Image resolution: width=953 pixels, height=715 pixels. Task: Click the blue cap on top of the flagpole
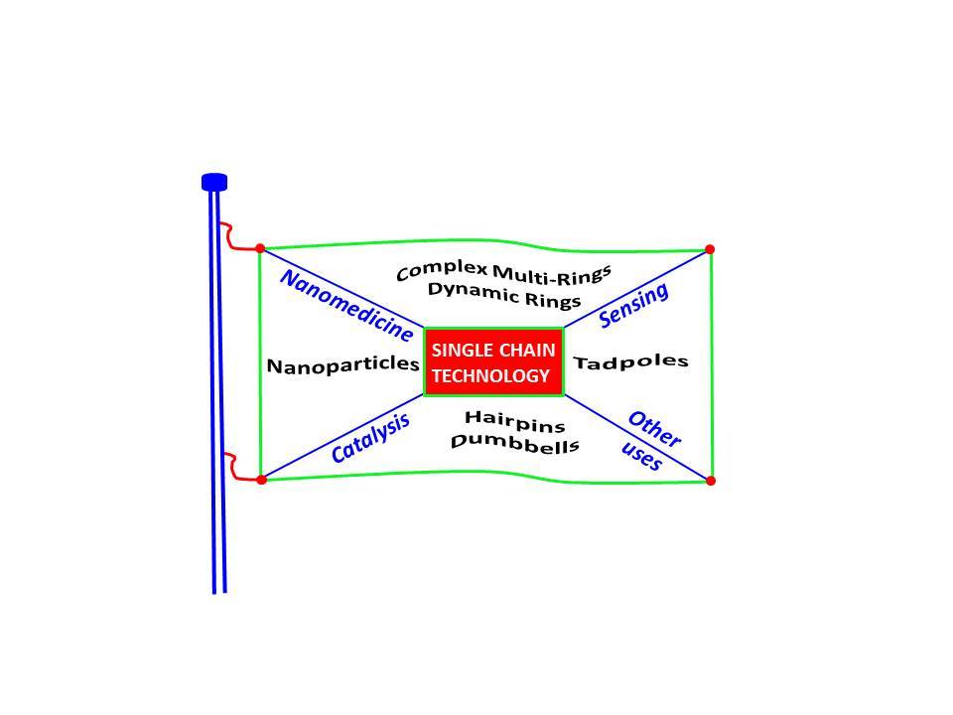coord(214,182)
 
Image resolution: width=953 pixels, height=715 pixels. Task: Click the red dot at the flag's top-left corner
coord(260,248)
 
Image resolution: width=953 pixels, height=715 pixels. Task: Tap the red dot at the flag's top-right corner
coord(710,249)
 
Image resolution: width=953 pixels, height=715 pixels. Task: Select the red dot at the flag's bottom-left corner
coord(261,480)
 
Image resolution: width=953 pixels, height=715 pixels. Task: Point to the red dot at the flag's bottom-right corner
coord(711,481)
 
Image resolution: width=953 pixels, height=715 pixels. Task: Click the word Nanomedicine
coord(346,305)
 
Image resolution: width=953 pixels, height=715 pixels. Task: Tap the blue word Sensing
coord(634,304)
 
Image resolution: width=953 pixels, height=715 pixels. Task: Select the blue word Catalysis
coord(370,439)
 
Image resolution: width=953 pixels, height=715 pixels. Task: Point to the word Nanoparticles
coord(343,364)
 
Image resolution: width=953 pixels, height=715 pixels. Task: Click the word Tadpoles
coord(631,361)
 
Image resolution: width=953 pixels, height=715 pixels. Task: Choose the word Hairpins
coord(514,421)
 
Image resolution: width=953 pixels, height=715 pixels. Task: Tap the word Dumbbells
coord(514,442)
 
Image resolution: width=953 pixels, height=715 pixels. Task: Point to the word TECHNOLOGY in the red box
coord(490,376)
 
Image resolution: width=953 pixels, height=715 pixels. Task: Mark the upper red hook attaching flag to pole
coord(233,238)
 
